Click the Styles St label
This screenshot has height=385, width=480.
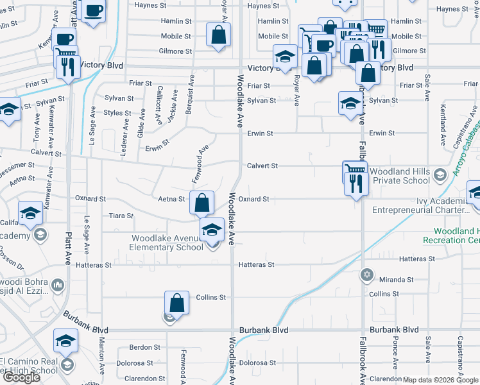(x=117, y=113)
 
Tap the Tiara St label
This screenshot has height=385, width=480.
(x=121, y=216)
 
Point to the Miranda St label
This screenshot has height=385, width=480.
(x=396, y=280)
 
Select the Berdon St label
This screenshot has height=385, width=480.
(x=144, y=347)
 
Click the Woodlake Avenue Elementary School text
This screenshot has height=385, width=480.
(x=167, y=243)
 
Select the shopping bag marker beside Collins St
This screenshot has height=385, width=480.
(x=176, y=303)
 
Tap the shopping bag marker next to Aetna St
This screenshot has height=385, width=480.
(x=201, y=203)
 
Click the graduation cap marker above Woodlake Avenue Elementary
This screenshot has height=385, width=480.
(x=212, y=230)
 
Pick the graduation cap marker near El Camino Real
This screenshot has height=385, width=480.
(x=65, y=342)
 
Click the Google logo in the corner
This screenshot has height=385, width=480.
(x=22, y=377)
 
